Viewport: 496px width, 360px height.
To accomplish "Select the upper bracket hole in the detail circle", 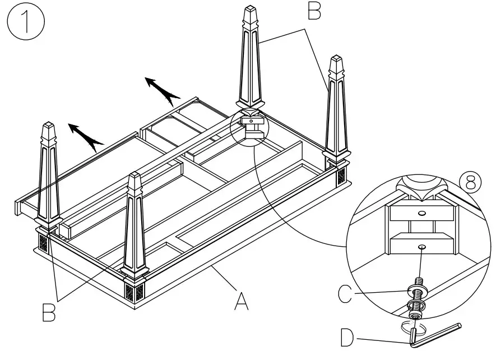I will pyautogui.click(x=421, y=213).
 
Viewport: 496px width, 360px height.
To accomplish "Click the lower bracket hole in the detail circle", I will pyautogui.click(x=421, y=245).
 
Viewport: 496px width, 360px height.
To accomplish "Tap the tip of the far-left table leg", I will pyautogui.click(x=48, y=124).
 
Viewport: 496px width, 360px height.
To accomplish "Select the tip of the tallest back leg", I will pyautogui.click(x=251, y=8).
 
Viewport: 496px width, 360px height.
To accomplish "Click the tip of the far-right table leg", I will pyautogui.click(x=337, y=58).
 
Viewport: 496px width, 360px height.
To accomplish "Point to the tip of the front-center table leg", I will pyautogui.click(x=135, y=177).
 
